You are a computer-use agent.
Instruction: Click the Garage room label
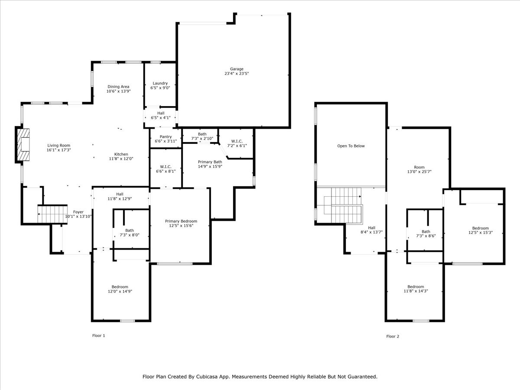[x=237, y=69]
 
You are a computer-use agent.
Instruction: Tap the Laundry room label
[x=160, y=83]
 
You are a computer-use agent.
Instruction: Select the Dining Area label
[x=119, y=87]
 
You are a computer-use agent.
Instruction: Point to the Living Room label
[x=58, y=146]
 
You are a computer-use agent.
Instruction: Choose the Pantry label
[x=166, y=137]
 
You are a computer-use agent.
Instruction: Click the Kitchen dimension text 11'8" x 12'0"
[x=121, y=159]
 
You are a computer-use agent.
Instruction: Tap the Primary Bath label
[x=210, y=162]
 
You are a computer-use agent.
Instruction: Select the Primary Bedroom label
[x=181, y=221]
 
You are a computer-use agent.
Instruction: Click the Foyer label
[x=78, y=212]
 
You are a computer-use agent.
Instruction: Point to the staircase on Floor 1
[x=52, y=214]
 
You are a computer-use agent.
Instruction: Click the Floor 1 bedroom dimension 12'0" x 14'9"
[x=120, y=292]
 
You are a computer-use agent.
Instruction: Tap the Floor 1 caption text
[x=99, y=335]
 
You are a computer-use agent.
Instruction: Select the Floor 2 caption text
[x=393, y=336]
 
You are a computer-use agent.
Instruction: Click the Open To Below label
[x=351, y=146]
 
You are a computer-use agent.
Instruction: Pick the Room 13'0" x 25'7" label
[x=419, y=167]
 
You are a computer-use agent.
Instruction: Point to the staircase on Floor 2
[x=345, y=206]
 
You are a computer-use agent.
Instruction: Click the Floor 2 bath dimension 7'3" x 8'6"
[x=426, y=237]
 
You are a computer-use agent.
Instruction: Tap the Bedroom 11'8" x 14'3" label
[x=416, y=286]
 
